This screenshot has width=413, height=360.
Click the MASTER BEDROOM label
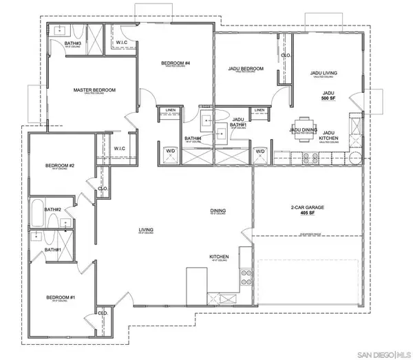[x=94, y=90]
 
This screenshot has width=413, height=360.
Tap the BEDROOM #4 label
[x=175, y=64]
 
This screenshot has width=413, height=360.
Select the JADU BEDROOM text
[x=246, y=69]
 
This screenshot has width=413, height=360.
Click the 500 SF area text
[x=329, y=99]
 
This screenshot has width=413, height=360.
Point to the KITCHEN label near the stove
[x=219, y=257]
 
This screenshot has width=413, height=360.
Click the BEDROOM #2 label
[x=60, y=165]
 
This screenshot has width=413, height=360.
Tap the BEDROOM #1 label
[x=60, y=297]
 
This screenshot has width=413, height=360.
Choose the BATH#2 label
[x=53, y=209]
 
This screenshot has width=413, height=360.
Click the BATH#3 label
[x=73, y=43]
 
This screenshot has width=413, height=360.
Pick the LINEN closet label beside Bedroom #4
[x=167, y=110]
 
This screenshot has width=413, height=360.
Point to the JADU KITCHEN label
[x=329, y=136]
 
